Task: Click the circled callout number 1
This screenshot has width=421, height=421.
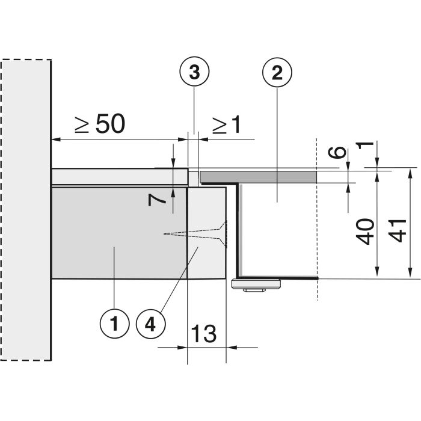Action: [x=115, y=324]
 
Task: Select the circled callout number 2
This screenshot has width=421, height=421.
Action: [x=277, y=72]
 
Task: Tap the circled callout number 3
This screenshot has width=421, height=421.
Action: [x=194, y=72]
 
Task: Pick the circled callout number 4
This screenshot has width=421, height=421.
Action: [x=150, y=324]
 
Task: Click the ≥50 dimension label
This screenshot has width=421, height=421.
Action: [x=100, y=123]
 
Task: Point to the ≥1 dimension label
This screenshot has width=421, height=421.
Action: [x=226, y=125]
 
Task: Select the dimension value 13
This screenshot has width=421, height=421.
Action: [x=204, y=333]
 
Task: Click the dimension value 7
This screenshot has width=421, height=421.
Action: [x=157, y=200]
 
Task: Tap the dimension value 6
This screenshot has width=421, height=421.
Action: [x=337, y=152]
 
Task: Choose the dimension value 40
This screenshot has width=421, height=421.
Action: [x=365, y=232]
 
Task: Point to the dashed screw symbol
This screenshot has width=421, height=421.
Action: [x=195, y=233]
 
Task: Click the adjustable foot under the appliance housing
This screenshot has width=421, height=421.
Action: [x=256, y=285]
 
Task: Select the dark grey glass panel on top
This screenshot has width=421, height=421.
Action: [x=258, y=177]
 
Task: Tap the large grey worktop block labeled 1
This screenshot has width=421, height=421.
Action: [x=119, y=233]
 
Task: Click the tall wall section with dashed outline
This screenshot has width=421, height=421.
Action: [x=26, y=210]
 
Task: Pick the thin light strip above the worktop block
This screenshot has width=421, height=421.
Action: [x=120, y=176]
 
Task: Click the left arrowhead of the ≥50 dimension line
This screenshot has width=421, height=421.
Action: [x=55, y=140]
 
